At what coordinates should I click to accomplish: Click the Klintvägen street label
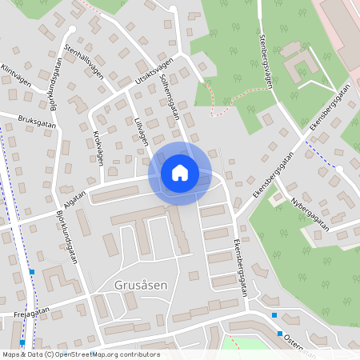pyautogui.click(x=15, y=76)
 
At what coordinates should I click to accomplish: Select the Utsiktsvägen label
pyautogui.click(x=154, y=70)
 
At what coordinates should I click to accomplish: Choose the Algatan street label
pyautogui.click(x=71, y=197)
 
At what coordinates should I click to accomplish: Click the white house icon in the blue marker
pyautogui.click(x=180, y=172)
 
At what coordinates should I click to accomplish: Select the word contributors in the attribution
pyautogui.click(x=138, y=354)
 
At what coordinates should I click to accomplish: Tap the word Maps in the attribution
pyautogui.click(x=12, y=354)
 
